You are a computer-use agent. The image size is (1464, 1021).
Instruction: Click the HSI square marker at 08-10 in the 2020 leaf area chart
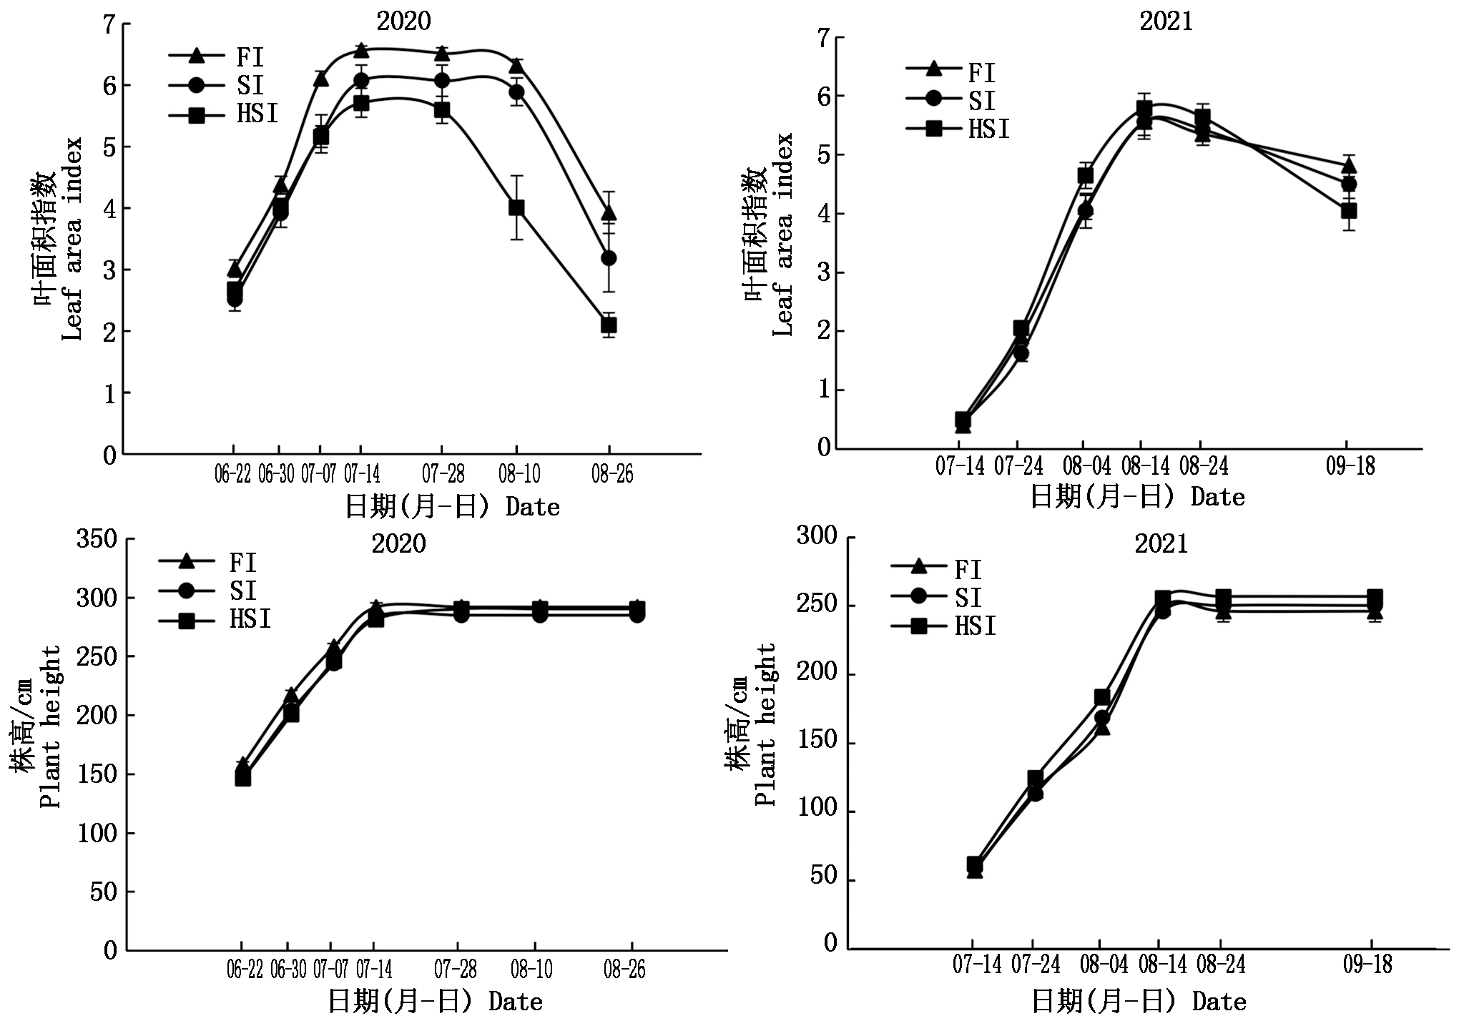coord(516,208)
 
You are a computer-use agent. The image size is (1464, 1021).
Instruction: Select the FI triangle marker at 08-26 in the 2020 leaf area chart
coord(609,213)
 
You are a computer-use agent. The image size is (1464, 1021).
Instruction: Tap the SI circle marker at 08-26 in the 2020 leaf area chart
coord(609,258)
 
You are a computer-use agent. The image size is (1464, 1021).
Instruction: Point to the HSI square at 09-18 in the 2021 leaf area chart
coord(1349,211)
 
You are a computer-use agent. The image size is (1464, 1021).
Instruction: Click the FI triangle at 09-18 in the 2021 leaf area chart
coord(1349,167)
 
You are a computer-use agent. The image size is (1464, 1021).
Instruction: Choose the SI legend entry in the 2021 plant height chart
coord(937,598)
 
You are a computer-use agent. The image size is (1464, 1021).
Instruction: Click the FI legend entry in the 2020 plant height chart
coord(207,563)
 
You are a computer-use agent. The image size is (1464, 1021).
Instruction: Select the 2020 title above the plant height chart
coord(398,544)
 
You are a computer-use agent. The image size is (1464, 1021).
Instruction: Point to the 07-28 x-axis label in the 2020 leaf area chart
coord(443,474)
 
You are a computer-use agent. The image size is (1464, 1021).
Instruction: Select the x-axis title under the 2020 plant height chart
coord(436,1001)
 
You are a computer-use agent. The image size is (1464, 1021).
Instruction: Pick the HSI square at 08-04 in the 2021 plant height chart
coord(1102,698)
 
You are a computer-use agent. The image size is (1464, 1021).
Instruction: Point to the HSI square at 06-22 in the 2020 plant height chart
coord(243,777)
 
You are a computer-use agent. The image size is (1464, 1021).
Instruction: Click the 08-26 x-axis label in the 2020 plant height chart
coord(624,970)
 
